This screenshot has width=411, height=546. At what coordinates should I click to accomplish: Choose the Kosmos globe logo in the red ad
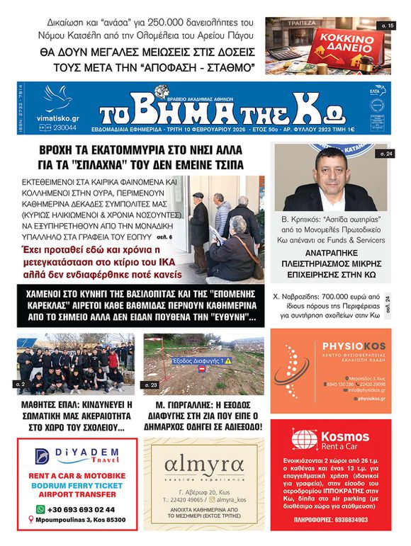pyautogui.click(x=305, y=439)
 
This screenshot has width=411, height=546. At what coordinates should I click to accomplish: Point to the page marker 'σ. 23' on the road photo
pyautogui.click(x=151, y=385)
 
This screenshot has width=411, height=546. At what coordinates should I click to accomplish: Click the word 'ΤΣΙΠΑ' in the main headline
pyautogui.click(x=227, y=164)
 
